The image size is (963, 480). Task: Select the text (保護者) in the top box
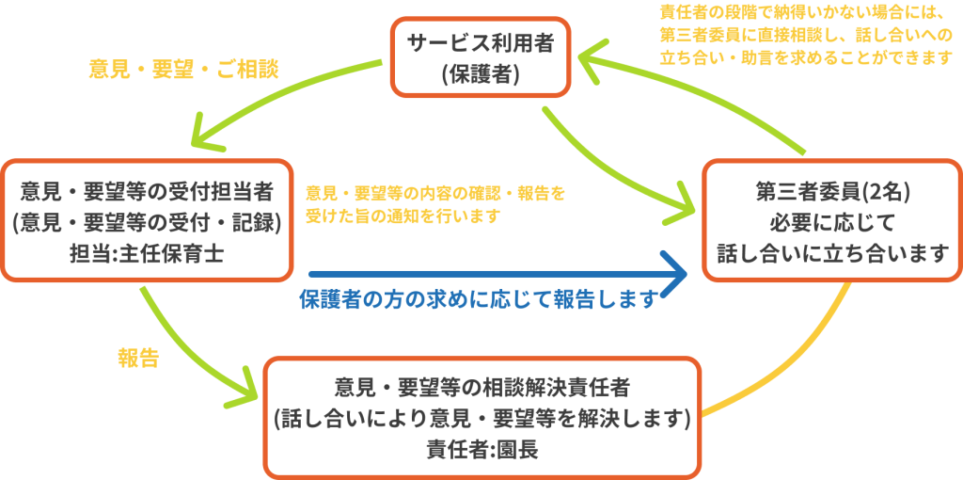[481, 73]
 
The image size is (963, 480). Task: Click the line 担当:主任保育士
[146, 253]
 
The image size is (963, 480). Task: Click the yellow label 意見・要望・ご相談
[183, 70]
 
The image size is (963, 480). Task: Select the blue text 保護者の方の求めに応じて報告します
[477, 300]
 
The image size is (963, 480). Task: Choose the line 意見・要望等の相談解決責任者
[482, 387]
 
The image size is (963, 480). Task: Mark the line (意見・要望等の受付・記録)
[146, 222]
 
